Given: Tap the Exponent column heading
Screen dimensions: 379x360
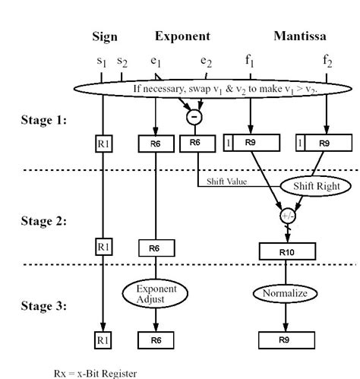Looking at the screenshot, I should point(183,36).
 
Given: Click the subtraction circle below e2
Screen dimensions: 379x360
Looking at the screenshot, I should point(194,116).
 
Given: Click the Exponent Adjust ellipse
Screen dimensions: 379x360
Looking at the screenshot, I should point(155,294).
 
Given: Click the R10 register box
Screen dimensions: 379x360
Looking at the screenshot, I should point(287,248).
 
